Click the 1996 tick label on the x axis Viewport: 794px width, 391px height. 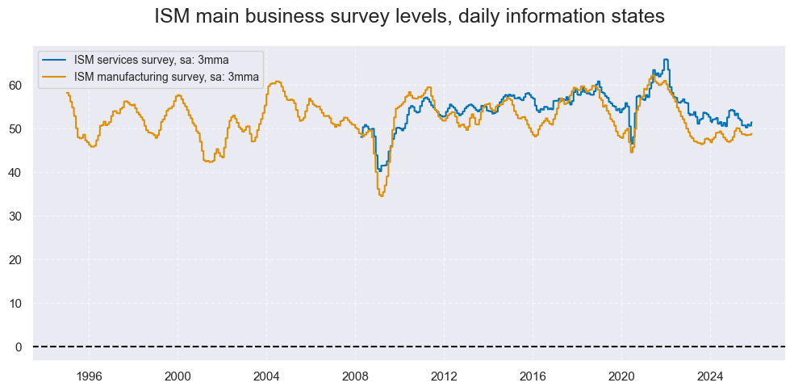(x=89, y=376)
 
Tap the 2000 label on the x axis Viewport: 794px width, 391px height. (x=178, y=376)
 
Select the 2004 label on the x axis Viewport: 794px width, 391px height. (x=266, y=376)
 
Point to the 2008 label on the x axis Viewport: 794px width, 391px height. (x=355, y=376)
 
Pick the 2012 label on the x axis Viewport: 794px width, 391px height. (x=444, y=376)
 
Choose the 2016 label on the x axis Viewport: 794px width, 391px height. (x=533, y=376)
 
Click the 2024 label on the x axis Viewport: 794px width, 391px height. (x=710, y=376)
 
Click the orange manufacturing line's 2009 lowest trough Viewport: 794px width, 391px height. (x=382, y=195)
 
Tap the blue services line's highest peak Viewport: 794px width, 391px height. (x=666, y=59)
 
